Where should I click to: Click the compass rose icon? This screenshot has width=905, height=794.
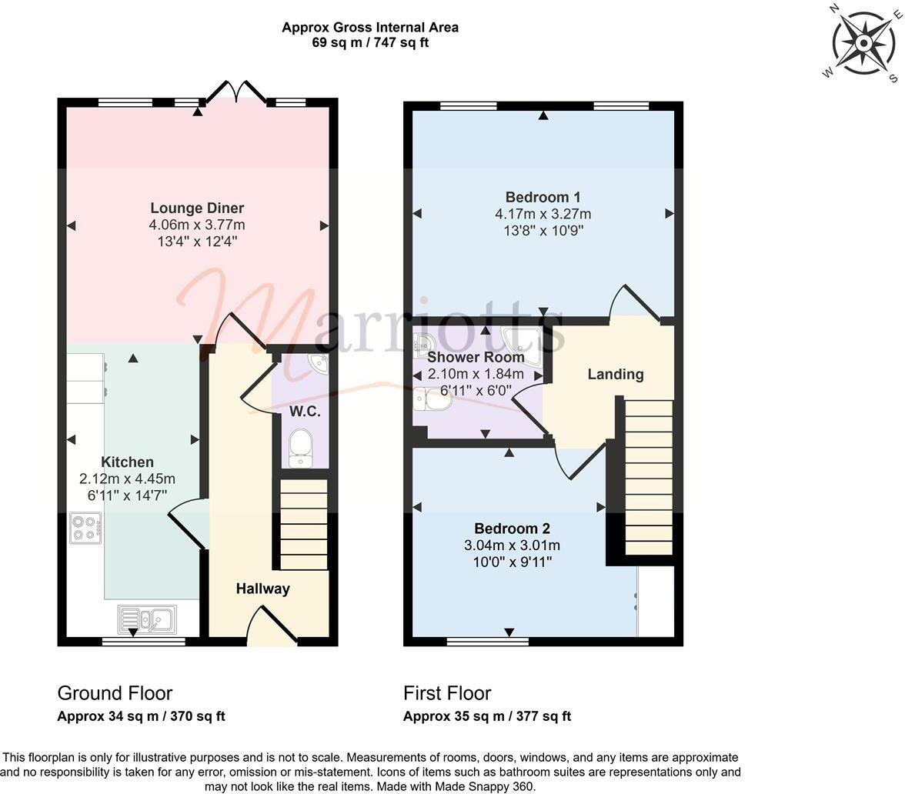863,43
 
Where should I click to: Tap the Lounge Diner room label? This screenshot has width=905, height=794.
197,208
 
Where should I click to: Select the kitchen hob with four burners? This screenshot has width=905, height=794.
84,528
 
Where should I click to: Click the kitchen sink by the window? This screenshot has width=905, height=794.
147,619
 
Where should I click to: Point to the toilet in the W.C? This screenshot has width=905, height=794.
300,447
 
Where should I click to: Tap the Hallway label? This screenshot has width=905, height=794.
262,589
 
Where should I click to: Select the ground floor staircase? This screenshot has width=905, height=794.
302,523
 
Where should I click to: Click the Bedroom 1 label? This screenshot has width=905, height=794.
543,196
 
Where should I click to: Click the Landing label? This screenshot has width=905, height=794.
615,374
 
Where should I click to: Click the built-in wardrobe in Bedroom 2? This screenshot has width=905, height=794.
656,602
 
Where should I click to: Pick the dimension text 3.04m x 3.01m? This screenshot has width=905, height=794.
513,545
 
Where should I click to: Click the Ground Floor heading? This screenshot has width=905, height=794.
115,692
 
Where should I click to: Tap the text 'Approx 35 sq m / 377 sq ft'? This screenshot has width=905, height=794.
487,716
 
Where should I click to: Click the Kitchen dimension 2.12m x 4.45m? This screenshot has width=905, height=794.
128,479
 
